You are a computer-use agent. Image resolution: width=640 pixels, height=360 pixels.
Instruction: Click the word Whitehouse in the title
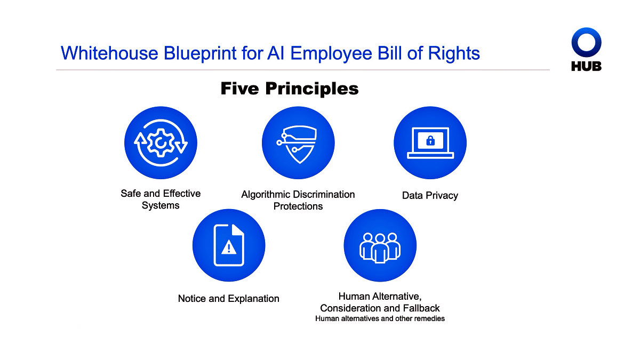coord(109,53)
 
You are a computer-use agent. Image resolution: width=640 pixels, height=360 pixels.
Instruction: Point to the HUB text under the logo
coord(586,66)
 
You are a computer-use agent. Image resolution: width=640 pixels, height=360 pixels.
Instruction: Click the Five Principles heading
coord(290,89)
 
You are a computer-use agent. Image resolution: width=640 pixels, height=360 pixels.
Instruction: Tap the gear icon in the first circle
coord(161,142)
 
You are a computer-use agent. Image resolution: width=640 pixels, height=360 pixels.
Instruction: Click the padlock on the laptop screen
coord(430,141)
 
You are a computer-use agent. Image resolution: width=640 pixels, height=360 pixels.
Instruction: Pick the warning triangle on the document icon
coord(229,247)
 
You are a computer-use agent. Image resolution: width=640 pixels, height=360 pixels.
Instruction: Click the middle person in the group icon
coord(380,249)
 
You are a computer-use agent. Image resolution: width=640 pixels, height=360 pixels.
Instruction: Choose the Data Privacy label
coord(430,196)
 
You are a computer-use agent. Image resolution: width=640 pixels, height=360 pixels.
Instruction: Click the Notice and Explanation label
coord(229,299)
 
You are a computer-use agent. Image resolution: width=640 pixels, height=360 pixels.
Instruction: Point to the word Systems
coord(161,205)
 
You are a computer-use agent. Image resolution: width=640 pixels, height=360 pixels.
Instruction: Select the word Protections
coord(298,206)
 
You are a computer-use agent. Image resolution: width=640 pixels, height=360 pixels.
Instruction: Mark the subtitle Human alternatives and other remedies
coord(380,318)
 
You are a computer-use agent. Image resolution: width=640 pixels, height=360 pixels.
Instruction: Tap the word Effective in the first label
coord(182,194)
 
